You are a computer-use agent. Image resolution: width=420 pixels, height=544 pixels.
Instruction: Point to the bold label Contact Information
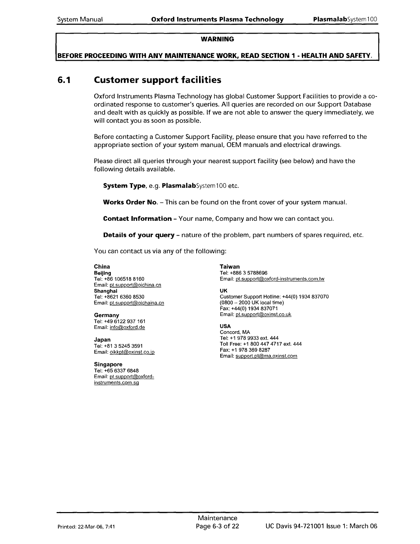137,219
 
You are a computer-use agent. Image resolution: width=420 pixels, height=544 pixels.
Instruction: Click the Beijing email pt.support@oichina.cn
135,285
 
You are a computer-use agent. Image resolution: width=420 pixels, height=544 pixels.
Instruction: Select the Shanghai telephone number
119,297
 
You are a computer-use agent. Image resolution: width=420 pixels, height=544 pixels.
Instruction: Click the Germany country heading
106,315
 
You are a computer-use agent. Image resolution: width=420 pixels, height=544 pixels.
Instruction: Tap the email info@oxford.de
127,328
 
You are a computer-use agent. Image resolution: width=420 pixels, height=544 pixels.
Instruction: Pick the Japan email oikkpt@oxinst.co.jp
132,352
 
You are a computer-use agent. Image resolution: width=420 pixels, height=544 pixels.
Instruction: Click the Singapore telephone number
116,371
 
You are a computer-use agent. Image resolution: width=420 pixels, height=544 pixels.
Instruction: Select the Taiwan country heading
230,267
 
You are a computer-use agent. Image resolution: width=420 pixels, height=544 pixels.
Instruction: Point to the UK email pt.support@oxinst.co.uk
263,315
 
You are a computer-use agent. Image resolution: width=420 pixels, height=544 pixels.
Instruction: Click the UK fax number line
249,309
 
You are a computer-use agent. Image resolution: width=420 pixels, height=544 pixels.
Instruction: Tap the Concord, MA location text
235,332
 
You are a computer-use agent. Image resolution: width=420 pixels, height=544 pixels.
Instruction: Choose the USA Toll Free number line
260,344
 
